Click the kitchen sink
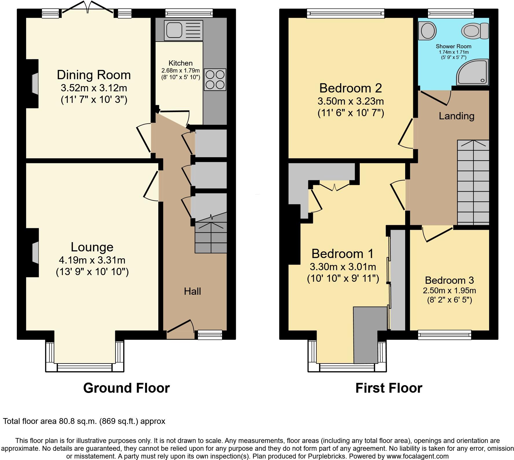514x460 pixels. point(183,30)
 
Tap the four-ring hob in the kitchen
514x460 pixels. point(215,79)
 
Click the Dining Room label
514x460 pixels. point(94,75)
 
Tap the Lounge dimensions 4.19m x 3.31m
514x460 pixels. point(92,260)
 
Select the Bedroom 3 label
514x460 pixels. point(449,280)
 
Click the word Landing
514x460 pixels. point(456,116)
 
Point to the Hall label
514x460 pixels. point(192,291)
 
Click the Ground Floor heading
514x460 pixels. point(126,388)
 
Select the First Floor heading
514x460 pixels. point(389,388)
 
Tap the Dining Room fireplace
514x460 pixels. point(34,84)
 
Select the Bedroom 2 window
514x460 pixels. point(346,13)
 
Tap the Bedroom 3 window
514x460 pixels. point(445,335)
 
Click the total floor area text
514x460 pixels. point(84,421)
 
